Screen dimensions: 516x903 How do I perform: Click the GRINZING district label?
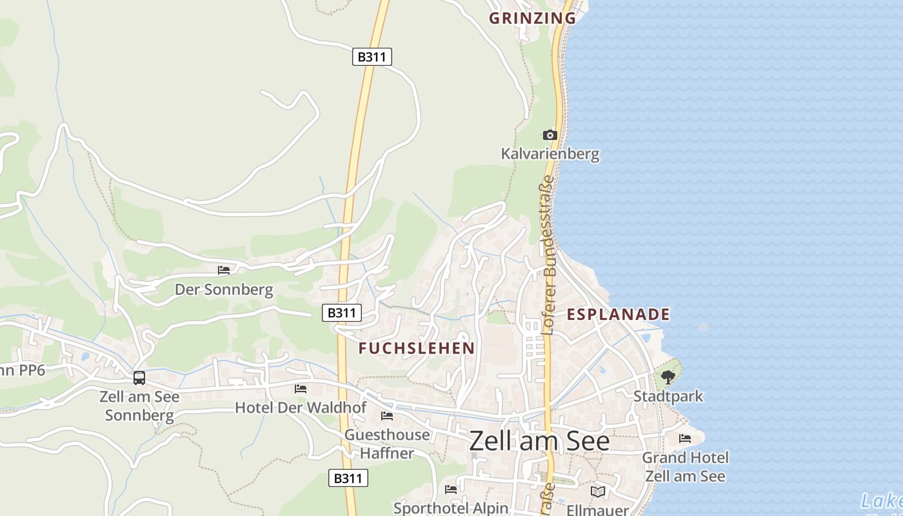[532, 18]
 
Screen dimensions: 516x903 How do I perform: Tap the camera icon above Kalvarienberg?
[550, 135]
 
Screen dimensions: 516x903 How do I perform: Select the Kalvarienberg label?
[550, 154]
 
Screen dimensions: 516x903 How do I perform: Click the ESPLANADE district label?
[618, 315]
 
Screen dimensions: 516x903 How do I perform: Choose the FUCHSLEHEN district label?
[417, 348]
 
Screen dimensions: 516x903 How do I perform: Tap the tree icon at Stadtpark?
[668, 377]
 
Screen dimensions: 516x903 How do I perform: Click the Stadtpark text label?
[668, 396]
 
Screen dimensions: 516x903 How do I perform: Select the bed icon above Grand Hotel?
[685, 439]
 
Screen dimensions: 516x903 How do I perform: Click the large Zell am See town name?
[539, 441]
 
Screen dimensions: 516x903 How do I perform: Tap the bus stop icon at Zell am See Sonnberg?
[139, 378]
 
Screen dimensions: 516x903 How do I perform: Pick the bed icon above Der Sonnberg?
[224, 270]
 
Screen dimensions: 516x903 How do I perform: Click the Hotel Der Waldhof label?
[301, 408]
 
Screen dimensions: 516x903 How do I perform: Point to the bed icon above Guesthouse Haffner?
[387, 416]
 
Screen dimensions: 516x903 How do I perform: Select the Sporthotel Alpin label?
[451, 508]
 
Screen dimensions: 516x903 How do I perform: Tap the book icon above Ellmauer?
[598, 491]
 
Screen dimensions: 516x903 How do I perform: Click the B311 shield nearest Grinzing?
[372, 57]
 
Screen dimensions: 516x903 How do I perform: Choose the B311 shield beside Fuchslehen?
[342, 313]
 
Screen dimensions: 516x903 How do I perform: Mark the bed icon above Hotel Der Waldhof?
[301, 388]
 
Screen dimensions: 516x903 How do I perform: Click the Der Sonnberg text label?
[224, 290]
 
